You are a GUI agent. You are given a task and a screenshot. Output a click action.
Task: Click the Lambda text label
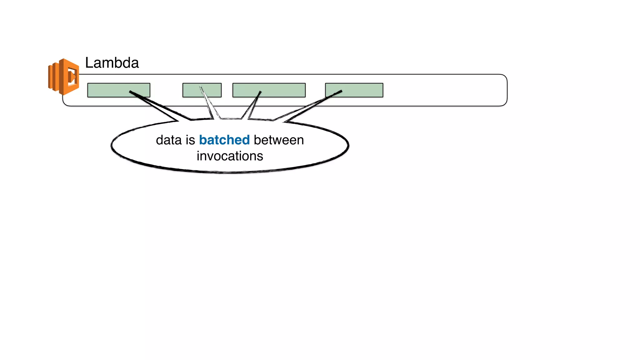(112, 63)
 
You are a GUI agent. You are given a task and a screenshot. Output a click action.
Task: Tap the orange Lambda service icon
(64, 77)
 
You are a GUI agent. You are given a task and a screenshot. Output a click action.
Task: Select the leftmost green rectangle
(109, 90)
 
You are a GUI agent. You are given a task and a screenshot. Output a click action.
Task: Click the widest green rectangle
(281, 90)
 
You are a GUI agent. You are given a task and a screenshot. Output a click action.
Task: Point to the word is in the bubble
(190, 140)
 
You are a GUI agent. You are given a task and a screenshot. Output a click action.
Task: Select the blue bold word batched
(224, 140)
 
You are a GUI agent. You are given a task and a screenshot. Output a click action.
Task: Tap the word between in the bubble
(279, 140)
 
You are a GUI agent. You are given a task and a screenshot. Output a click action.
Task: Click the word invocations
(230, 156)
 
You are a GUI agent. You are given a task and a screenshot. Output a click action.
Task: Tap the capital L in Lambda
(89, 63)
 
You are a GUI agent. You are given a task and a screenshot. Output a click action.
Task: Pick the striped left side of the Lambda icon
(53, 77)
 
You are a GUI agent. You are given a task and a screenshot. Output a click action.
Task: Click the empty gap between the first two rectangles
(166, 90)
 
